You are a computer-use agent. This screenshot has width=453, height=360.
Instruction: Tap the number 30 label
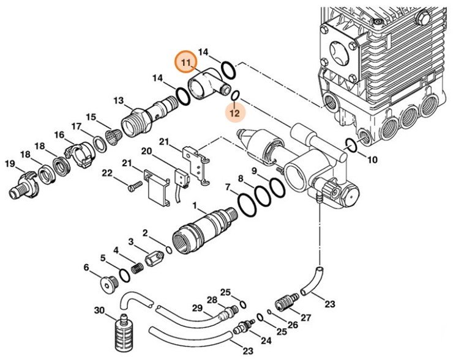tap(99, 310)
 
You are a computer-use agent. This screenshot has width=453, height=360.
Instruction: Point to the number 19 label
tap(10, 163)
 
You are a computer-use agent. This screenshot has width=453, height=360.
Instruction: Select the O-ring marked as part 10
tap(351, 145)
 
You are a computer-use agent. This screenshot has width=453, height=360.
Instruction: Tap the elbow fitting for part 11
tap(204, 84)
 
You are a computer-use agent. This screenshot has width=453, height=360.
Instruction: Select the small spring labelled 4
tap(138, 267)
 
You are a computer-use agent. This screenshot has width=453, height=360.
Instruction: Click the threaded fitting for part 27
tap(284, 302)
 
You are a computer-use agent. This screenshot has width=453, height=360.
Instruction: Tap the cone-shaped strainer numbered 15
tap(113, 135)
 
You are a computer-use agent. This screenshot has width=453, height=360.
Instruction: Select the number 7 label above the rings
tap(228, 186)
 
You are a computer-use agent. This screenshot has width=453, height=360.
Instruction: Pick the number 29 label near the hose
tap(197, 307)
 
